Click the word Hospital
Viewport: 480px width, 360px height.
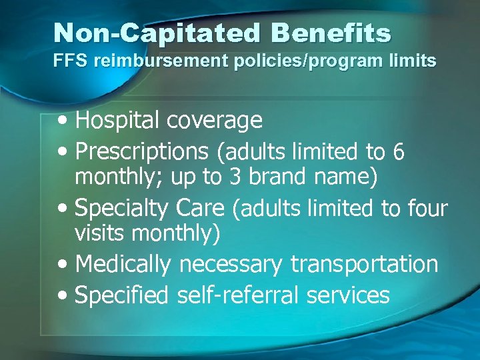[118, 121]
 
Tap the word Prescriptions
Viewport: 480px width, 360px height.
[142, 152]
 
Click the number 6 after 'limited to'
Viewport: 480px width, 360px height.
[398, 153]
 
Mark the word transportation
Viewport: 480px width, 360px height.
[364, 264]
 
